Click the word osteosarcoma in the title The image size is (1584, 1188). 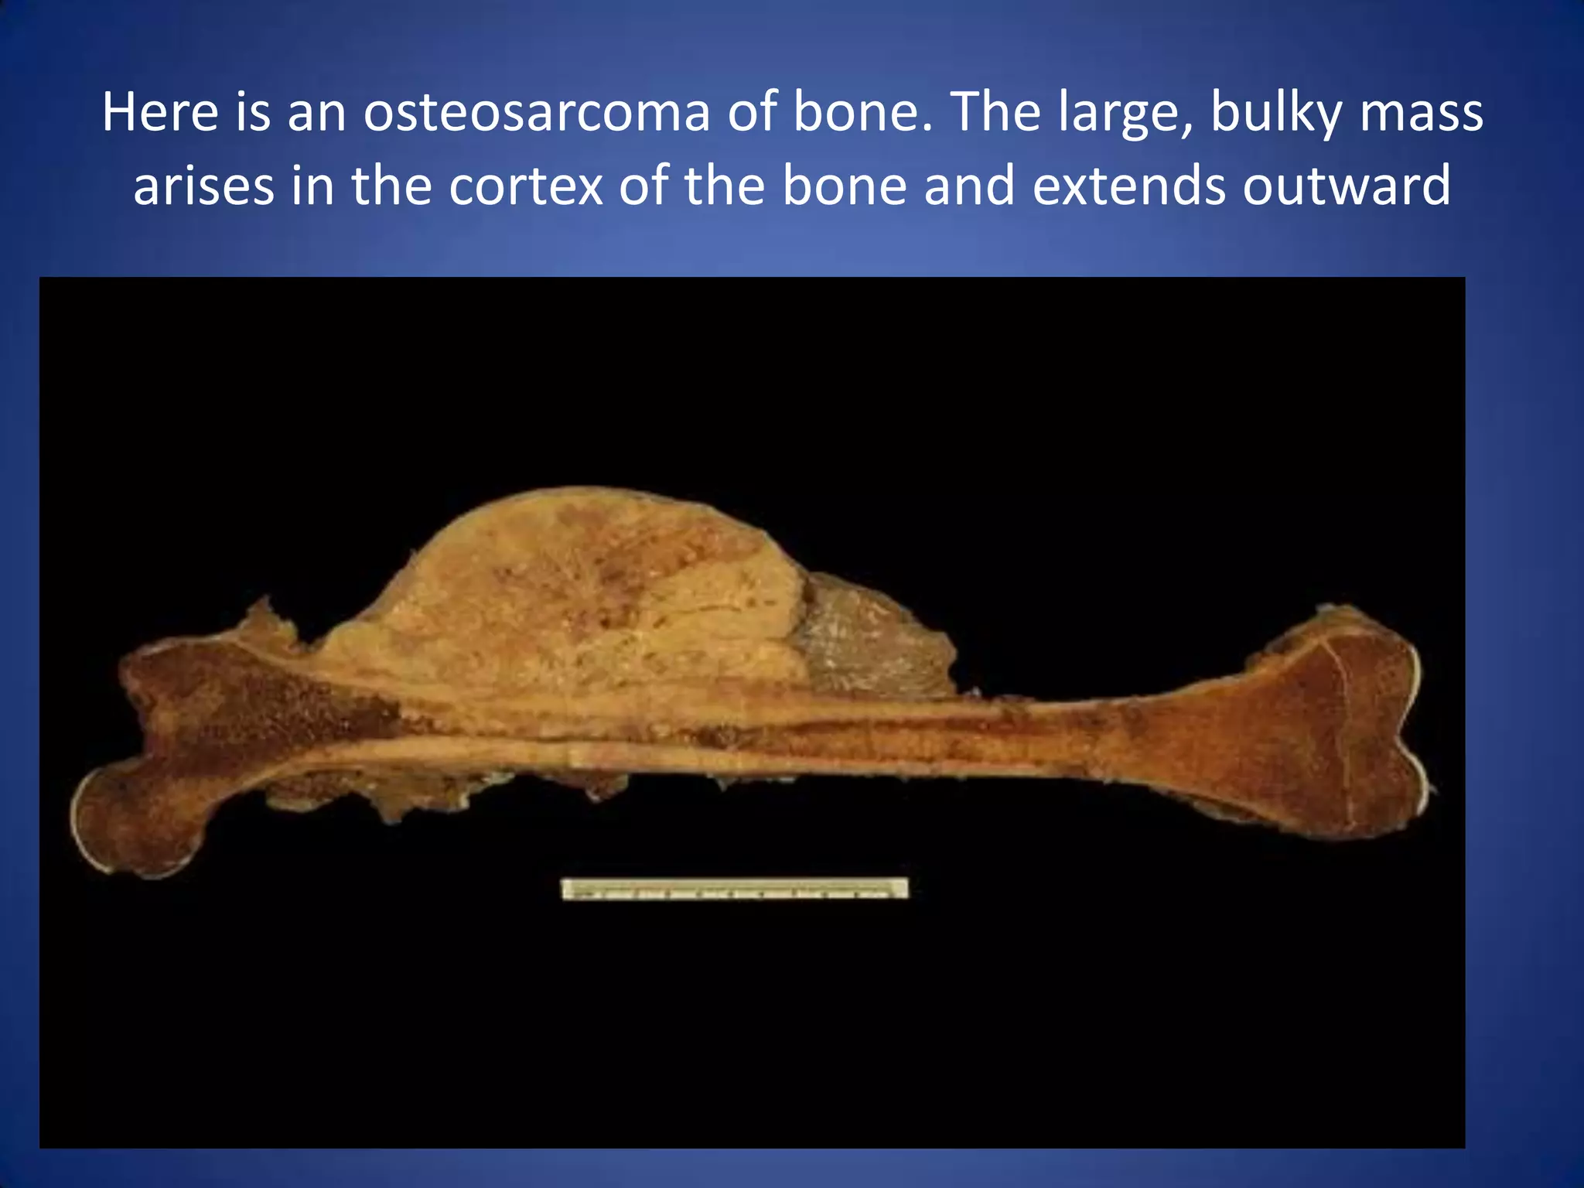tap(536, 113)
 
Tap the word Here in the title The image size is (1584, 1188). tap(160, 113)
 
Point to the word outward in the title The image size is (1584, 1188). tap(1346, 186)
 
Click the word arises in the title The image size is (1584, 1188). tap(203, 186)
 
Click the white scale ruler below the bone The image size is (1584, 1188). tap(734, 888)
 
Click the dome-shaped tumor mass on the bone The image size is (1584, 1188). tap(588, 588)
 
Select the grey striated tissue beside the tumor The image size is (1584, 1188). tap(866, 642)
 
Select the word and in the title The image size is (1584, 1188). tap(968, 186)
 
